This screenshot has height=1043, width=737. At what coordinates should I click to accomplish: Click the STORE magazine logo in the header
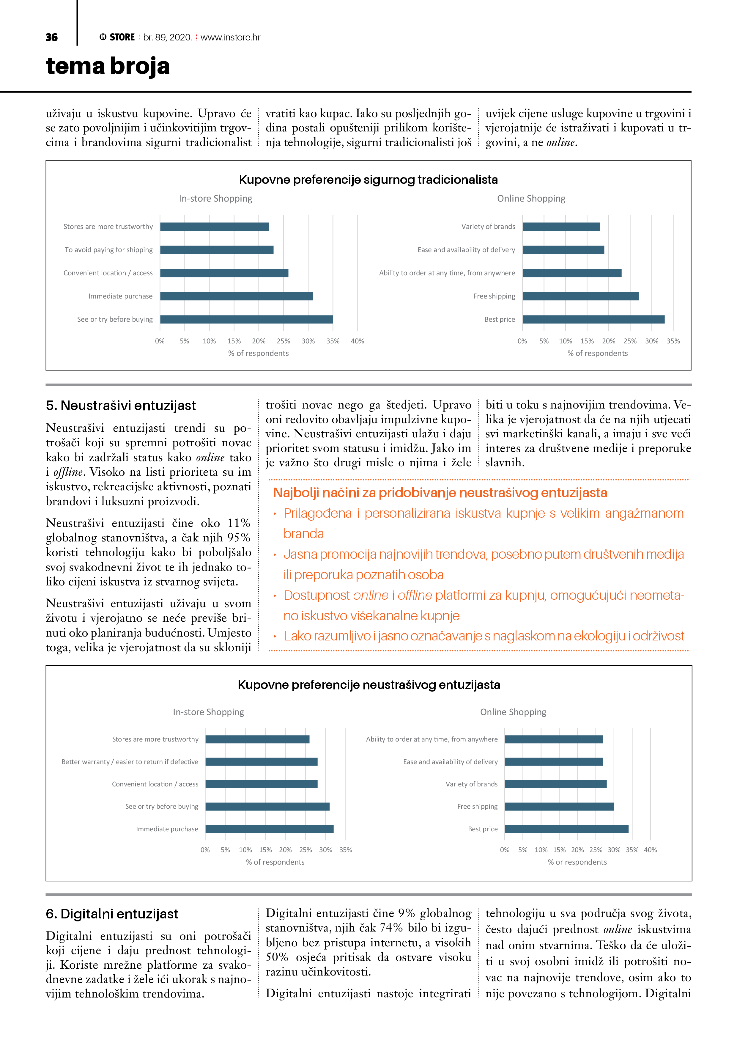pos(117,37)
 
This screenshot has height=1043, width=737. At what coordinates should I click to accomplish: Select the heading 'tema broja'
pos(108,66)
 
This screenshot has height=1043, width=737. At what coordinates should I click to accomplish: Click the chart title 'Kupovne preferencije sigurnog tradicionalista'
pos(368,180)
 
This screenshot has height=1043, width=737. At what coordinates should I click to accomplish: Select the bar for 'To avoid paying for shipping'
pos(217,250)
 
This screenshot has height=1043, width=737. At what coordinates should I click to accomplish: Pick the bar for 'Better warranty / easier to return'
pos(261,762)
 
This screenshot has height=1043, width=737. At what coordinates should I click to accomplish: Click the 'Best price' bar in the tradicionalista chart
pos(593,319)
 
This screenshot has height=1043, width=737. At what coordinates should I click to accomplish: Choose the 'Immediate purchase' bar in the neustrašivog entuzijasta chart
pos(269,829)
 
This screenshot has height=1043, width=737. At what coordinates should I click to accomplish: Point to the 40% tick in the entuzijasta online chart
pos(650,850)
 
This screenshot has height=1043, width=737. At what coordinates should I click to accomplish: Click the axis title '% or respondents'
pos(577,862)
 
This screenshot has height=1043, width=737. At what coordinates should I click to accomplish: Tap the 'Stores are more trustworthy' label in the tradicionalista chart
pos(108,227)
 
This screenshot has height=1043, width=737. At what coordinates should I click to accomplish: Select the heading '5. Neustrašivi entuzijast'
pos(121,406)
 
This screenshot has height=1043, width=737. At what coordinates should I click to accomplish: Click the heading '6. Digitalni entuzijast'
pos(112,914)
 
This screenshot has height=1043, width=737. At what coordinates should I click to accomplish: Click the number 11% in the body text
pos(239,523)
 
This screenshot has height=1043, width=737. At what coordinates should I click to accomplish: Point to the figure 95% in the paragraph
pos(239,538)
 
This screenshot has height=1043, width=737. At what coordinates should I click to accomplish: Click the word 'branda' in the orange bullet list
pos(303,534)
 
